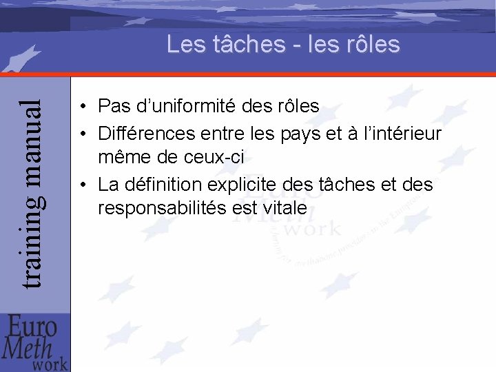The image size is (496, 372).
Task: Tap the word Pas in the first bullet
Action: pyautogui.click(x=113, y=107)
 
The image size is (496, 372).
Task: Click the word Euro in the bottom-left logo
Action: pyautogui.click(x=31, y=325)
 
